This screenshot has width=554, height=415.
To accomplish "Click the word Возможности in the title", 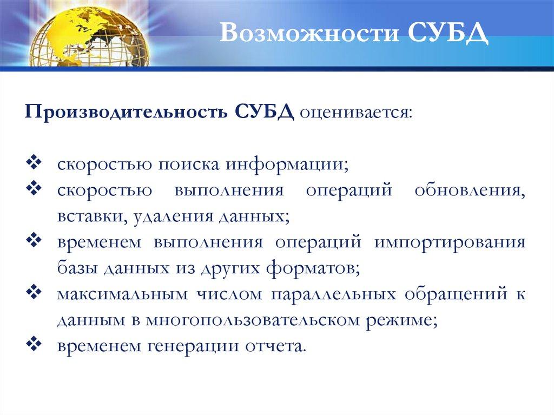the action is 309,33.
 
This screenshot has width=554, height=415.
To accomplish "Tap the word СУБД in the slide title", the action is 448,34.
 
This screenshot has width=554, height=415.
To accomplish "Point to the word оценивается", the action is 356,114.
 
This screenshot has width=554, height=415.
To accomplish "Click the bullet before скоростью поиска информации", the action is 34,162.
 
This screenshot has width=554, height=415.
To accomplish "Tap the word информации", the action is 287,165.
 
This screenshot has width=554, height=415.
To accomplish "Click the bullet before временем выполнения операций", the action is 34,240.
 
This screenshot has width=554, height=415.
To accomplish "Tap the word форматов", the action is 313,269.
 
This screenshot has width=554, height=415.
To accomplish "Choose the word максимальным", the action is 122,295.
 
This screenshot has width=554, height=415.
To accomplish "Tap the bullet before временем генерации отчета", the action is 34,344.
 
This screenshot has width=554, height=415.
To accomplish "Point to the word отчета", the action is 275,346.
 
